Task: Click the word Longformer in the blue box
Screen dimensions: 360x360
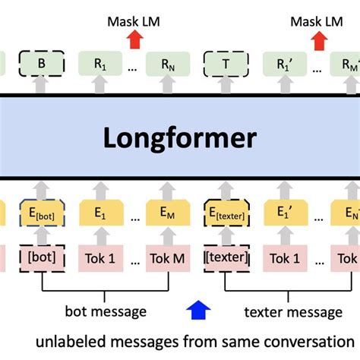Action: pyautogui.click(x=180, y=140)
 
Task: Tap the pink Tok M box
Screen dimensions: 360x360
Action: pyautogui.click(x=166, y=257)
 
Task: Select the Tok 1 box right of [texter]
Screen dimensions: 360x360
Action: pyautogui.click(x=286, y=257)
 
